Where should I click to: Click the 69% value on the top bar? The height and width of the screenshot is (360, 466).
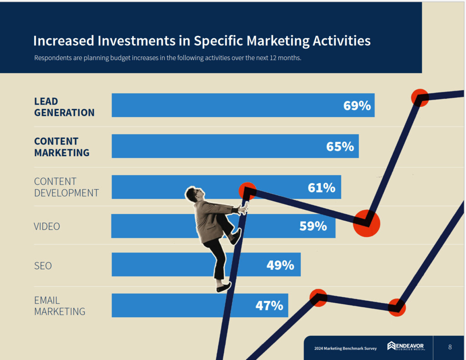click(357, 106)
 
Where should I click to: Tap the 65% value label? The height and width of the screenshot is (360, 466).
click(340, 147)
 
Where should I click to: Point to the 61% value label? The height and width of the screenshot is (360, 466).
click(321, 188)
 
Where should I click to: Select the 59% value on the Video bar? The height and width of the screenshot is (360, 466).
click(313, 226)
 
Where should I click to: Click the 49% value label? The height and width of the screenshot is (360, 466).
click(280, 265)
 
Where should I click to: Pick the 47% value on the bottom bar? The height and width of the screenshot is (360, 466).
click(269, 305)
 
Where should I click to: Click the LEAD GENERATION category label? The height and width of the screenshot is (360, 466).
click(64, 107)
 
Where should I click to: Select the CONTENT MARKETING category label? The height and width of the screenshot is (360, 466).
click(62, 147)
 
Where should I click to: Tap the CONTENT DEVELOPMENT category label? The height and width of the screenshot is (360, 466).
click(66, 187)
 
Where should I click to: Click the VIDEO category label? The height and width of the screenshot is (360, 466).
click(47, 226)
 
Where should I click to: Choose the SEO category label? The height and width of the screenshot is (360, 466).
click(43, 266)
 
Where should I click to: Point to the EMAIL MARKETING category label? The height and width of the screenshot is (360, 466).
click(60, 306)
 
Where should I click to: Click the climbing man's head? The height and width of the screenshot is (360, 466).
click(193, 194)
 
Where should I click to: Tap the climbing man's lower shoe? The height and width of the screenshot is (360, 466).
click(223, 288)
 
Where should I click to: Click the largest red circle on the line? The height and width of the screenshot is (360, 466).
click(366, 223)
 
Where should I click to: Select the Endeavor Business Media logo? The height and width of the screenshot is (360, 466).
click(405, 347)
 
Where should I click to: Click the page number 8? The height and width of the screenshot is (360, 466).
click(450, 347)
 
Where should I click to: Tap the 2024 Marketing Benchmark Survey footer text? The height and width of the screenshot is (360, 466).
click(345, 349)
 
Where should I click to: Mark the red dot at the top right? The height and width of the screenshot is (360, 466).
click(420, 97)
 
